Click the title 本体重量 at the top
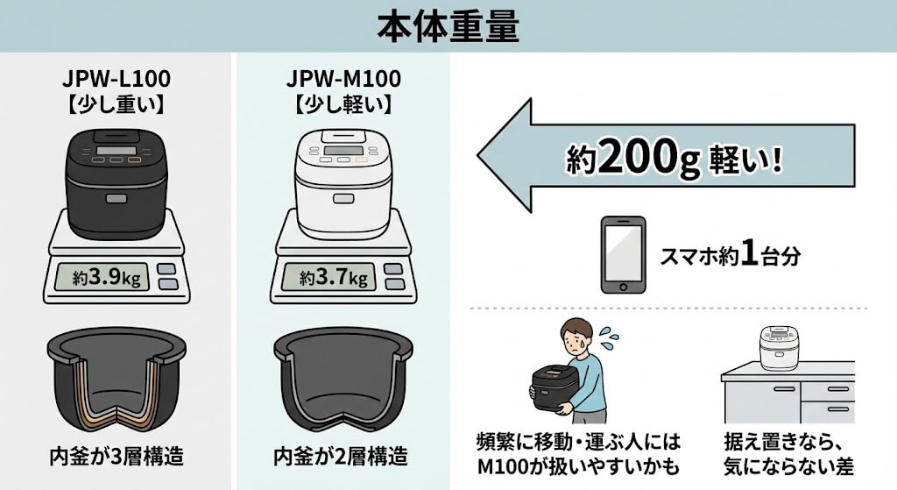448,27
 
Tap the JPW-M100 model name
343,78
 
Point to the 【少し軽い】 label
343,105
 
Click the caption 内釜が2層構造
342,457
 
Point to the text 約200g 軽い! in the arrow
675,160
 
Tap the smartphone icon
623,255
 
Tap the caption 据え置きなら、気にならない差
782,454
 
